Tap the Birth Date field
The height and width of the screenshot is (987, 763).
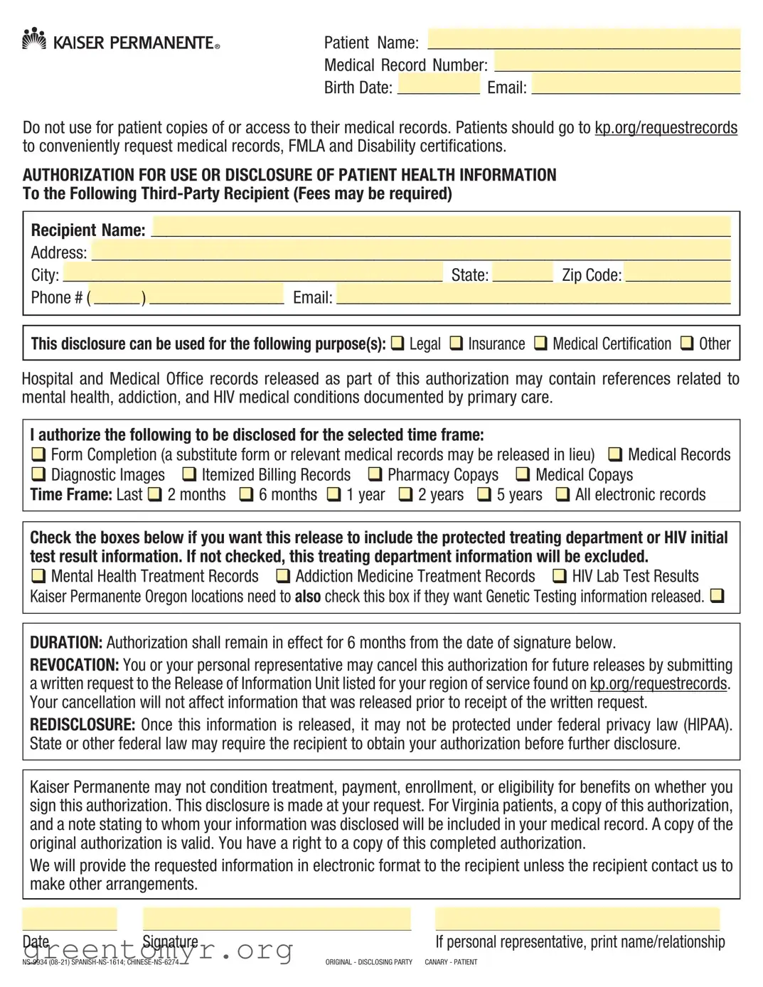[x=438, y=85]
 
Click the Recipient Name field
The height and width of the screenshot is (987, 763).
[x=441, y=227]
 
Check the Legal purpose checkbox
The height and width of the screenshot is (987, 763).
[x=397, y=343]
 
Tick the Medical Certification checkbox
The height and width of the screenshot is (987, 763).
[x=540, y=343]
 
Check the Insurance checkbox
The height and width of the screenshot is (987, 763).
[x=456, y=343]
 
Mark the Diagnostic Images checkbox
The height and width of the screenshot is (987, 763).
[x=38, y=474]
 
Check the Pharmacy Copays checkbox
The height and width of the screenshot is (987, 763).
[x=375, y=474]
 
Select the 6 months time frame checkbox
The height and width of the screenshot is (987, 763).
[x=246, y=494]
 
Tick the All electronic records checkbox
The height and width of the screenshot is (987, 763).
[x=562, y=494]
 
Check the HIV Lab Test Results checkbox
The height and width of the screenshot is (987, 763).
[x=560, y=576]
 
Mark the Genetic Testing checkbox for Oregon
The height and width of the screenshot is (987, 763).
[x=717, y=596]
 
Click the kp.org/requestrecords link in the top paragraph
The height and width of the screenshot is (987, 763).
[x=666, y=128]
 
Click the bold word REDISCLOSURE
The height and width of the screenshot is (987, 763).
[x=82, y=725]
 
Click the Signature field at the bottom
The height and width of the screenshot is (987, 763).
[x=277, y=919]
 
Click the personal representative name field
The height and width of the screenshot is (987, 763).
[x=577, y=919]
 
